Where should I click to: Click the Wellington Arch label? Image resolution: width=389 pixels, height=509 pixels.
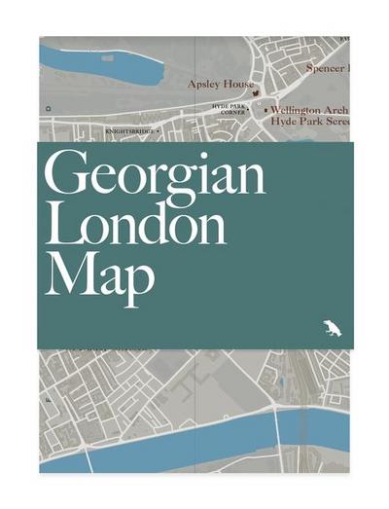(309, 111)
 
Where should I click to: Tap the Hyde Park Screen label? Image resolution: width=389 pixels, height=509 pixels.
(310, 124)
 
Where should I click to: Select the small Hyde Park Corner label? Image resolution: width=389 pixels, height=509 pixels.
(232, 108)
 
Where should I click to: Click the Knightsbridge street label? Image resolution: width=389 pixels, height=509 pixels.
(128, 128)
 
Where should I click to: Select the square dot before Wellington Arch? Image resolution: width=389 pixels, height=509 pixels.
(265, 111)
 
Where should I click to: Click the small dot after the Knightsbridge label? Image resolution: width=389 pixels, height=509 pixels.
(159, 128)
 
